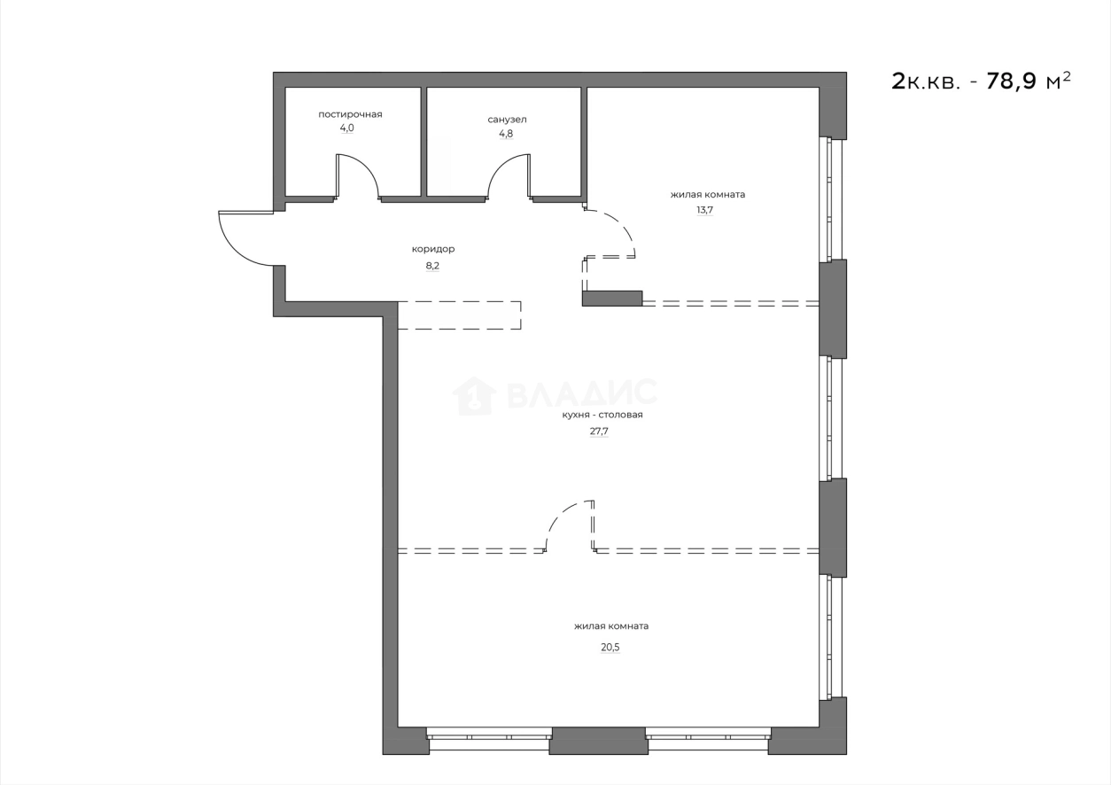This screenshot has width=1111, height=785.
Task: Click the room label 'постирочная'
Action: pyautogui.click(x=350, y=114)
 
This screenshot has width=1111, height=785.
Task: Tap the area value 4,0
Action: pyautogui.click(x=346, y=128)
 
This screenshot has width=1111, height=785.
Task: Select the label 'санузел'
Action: pyautogui.click(x=507, y=120)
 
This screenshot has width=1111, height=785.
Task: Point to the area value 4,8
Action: pyautogui.click(x=505, y=134)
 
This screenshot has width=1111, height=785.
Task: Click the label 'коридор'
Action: pyautogui.click(x=432, y=249)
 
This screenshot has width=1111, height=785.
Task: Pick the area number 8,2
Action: pyautogui.click(x=432, y=264)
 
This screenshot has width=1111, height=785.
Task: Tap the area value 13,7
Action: pyautogui.click(x=705, y=210)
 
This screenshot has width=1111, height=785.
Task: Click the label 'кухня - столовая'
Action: pyautogui.click(x=602, y=415)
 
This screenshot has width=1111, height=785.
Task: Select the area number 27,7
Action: pyautogui.click(x=599, y=431)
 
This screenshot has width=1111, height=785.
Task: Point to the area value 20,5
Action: pyautogui.click(x=610, y=648)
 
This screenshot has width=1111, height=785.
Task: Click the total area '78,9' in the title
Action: pyautogui.click(x=1006, y=82)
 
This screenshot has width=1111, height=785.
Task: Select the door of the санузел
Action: pyautogui.click(x=503, y=172)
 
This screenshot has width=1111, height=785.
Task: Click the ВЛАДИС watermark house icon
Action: pyautogui.click(x=473, y=396)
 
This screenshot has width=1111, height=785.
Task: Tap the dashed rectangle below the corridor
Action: pyautogui.click(x=458, y=315)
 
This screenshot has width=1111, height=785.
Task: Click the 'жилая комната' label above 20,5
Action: pyautogui.click(x=610, y=626)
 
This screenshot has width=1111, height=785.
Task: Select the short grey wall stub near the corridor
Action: pyautogui.click(x=611, y=299)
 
